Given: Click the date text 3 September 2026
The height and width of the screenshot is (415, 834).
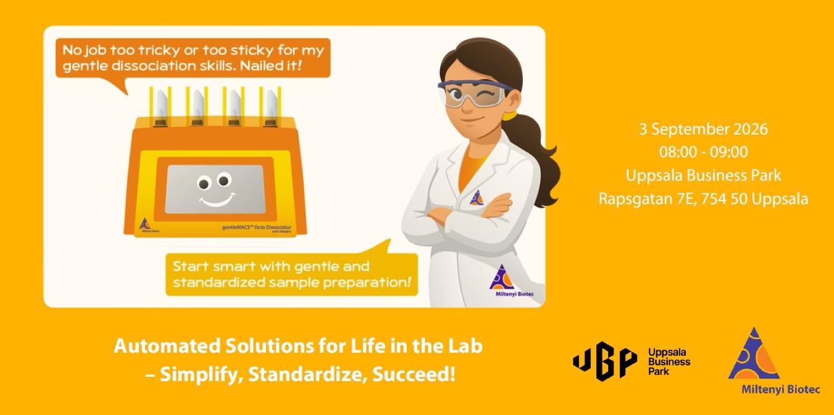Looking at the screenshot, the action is click(x=703, y=129).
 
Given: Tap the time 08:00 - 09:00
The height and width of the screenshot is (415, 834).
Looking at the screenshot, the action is click(x=703, y=152).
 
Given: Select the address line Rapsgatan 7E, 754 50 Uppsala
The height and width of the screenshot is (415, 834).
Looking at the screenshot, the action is click(x=703, y=199).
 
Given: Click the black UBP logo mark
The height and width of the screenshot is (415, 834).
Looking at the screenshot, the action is click(x=604, y=361).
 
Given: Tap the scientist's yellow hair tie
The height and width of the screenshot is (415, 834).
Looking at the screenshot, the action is click(x=509, y=115).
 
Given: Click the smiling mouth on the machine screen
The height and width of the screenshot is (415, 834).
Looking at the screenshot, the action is click(x=217, y=200).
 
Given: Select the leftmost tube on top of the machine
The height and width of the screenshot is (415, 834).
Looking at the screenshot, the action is click(x=161, y=107).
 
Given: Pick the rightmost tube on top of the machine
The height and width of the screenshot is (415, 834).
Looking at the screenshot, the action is click(x=270, y=107).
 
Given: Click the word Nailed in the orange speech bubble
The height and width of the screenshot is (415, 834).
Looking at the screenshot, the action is click(x=261, y=66).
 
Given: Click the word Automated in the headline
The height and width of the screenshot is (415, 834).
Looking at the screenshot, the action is click(x=167, y=346).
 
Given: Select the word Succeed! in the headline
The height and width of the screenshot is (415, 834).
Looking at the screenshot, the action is click(x=414, y=374).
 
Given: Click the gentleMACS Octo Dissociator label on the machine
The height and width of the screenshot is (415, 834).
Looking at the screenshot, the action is click(x=257, y=227).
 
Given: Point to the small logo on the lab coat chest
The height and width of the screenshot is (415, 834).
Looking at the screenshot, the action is click(x=476, y=198).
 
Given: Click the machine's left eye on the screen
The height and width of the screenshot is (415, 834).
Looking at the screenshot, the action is click(x=204, y=183).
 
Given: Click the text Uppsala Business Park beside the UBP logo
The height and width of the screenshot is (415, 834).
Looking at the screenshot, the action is click(x=669, y=362).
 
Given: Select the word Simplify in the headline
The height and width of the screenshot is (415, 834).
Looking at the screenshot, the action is click(x=201, y=374).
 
